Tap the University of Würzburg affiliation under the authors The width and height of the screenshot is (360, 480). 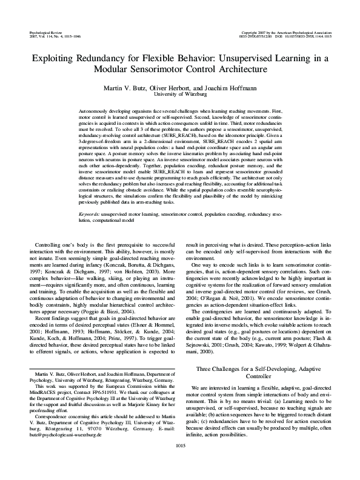pos(179,95)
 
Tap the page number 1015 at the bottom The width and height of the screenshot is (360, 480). pos(179,463)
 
